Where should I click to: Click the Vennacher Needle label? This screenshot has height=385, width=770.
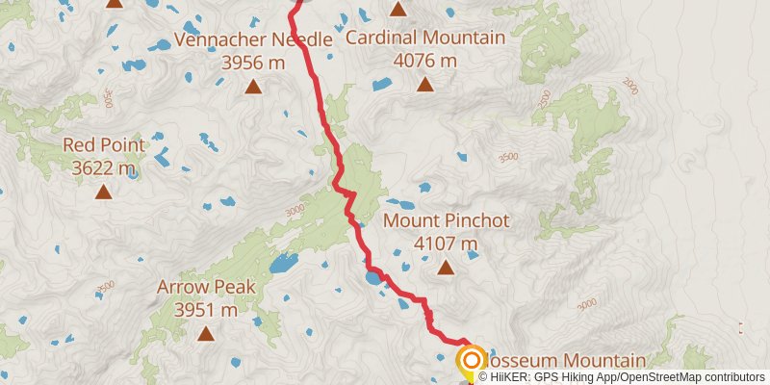click(252, 39)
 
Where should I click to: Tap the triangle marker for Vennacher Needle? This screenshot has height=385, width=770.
click(253, 87)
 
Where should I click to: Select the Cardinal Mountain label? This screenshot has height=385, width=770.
click(424, 38)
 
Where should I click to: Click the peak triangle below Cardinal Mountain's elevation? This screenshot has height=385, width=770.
click(424, 85)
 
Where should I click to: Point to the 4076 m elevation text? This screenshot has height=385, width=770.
click(424, 61)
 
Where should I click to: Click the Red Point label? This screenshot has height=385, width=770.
click(104, 145)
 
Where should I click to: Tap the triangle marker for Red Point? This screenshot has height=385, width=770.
click(103, 192)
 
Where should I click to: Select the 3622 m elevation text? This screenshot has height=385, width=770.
click(104, 168)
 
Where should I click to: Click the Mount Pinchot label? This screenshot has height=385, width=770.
click(446, 221)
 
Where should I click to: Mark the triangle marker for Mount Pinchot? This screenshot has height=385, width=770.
click(446, 269)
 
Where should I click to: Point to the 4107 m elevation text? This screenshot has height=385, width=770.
click(446, 244)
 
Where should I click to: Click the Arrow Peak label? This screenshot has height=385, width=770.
click(206, 287)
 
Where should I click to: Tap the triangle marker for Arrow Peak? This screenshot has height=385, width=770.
click(205, 334)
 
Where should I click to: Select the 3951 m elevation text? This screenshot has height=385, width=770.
click(206, 310)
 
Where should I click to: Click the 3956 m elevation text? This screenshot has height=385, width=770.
click(252, 63)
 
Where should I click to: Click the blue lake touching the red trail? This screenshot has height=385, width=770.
click(372, 281)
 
